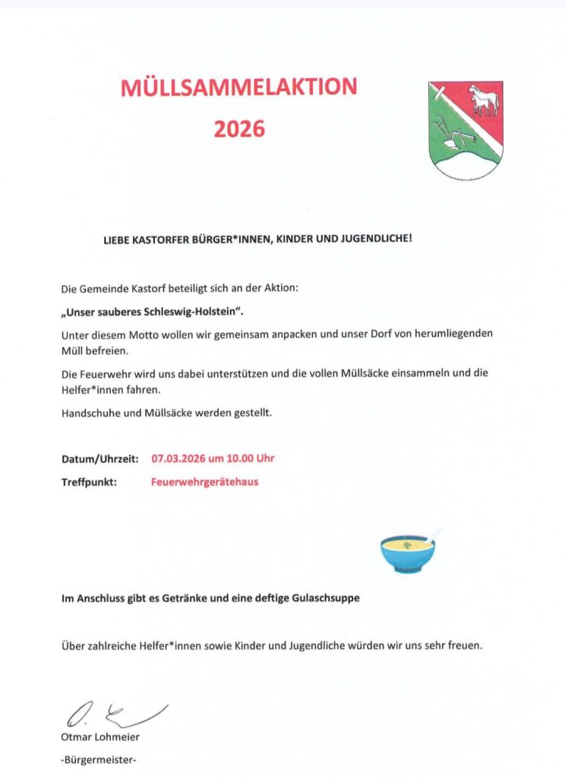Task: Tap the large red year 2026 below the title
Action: pyautogui.click(x=239, y=128)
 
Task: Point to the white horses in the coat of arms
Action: pyautogui.click(x=484, y=100)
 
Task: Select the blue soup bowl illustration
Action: pyautogui.click(x=408, y=552)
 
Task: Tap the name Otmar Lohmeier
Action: pyautogui.click(x=100, y=737)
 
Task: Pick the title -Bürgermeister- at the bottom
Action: pyautogui.click(x=99, y=759)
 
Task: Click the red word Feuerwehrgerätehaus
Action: pyautogui.click(x=204, y=481)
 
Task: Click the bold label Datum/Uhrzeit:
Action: pyautogui.click(x=99, y=459)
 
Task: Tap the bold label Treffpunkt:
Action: pyautogui.click(x=89, y=481)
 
